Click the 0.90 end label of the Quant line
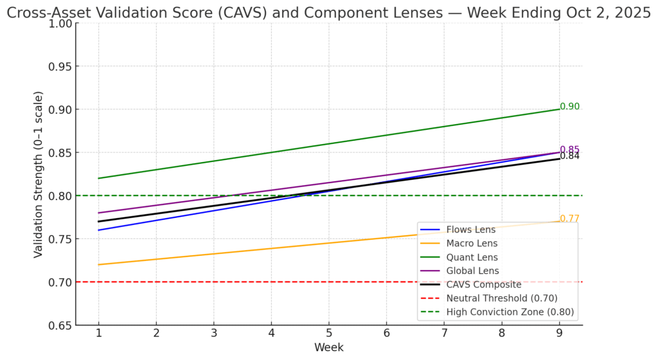click(x=570, y=107)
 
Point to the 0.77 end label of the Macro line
click(x=570, y=219)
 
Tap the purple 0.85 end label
click(x=570, y=150)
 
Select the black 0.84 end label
click(x=570, y=156)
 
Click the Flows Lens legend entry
click(x=471, y=230)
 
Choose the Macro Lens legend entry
click(x=472, y=243)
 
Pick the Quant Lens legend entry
click(x=472, y=257)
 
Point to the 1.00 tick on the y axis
click(x=60, y=23)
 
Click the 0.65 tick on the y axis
click(x=60, y=325)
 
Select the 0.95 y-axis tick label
click(x=60, y=66)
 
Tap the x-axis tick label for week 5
click(x=329, y=334)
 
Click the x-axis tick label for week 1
click(x=98, y=334)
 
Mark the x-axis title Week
click(x=329, y=348)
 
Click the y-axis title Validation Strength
click(x=39, y=175)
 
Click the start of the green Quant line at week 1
click(x=98, y=178)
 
